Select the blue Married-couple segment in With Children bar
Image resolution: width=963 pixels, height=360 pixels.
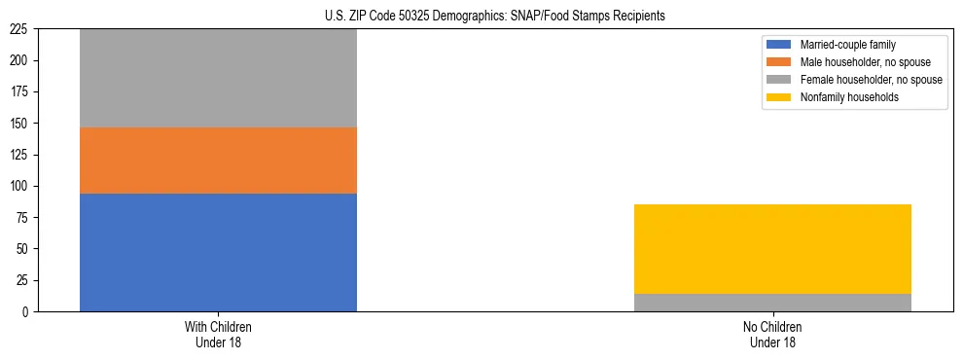click(x=218, y=252)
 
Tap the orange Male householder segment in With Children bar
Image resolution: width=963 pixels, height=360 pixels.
click(x=218, y=161)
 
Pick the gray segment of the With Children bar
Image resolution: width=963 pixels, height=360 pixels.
click(x=218, y=78)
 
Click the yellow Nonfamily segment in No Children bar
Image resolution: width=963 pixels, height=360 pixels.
click(x=772, y=249)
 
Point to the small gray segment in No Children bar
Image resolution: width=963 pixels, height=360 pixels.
click(x=772, y=303)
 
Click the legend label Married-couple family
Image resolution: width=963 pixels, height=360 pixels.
click(x=847, y=45)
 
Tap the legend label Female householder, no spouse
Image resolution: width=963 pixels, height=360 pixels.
click(x=871, y=80)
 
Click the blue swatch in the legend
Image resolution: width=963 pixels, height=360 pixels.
click(x=779, y=45)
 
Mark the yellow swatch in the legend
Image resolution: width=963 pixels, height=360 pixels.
click(x=779, y=97)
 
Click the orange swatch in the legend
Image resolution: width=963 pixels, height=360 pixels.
click(x=779, y=62)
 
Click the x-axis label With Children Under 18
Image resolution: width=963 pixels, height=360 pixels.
click(x=218, y=334)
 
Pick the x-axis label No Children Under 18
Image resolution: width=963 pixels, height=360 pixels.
click(x=772, y=334)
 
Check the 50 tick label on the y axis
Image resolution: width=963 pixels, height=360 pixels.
click(x=24, y=249)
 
